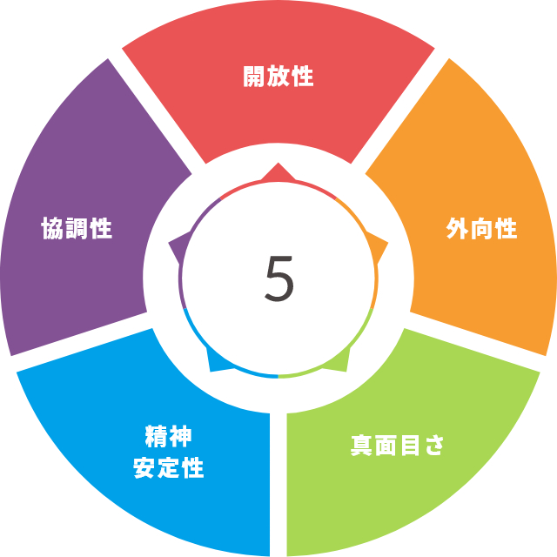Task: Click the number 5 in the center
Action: click(x=279, y=278)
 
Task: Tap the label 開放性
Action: click(x=278, y=76)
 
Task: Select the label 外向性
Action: click(x=481, y=228)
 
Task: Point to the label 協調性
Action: click(x=77, y=228)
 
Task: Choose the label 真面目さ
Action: click(x=397, y=445)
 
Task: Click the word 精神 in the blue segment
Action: click(x=168, y=436)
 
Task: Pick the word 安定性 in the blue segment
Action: click(x=168, y=467)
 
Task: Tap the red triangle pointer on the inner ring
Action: click(x=278, y=173)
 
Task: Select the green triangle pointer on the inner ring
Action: click(x=339, y=361)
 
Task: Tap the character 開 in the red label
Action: click(x=253, y=76)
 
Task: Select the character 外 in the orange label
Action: click(x=457, y=228)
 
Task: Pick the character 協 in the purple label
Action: click(x=52, y=228)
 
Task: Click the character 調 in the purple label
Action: click(x=77, y=228)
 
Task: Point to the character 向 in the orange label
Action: click(x=481, y=228)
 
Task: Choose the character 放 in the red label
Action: click(x=278, y=76)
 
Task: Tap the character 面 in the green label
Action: click(x=386, y=445)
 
